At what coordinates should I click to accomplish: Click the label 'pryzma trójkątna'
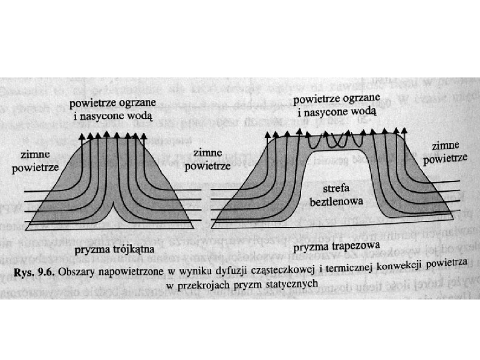(x=114, y=249)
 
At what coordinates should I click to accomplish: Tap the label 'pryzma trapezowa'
(x=336, y=247)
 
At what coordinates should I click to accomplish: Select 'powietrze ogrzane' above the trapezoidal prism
(x=337, y=99)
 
